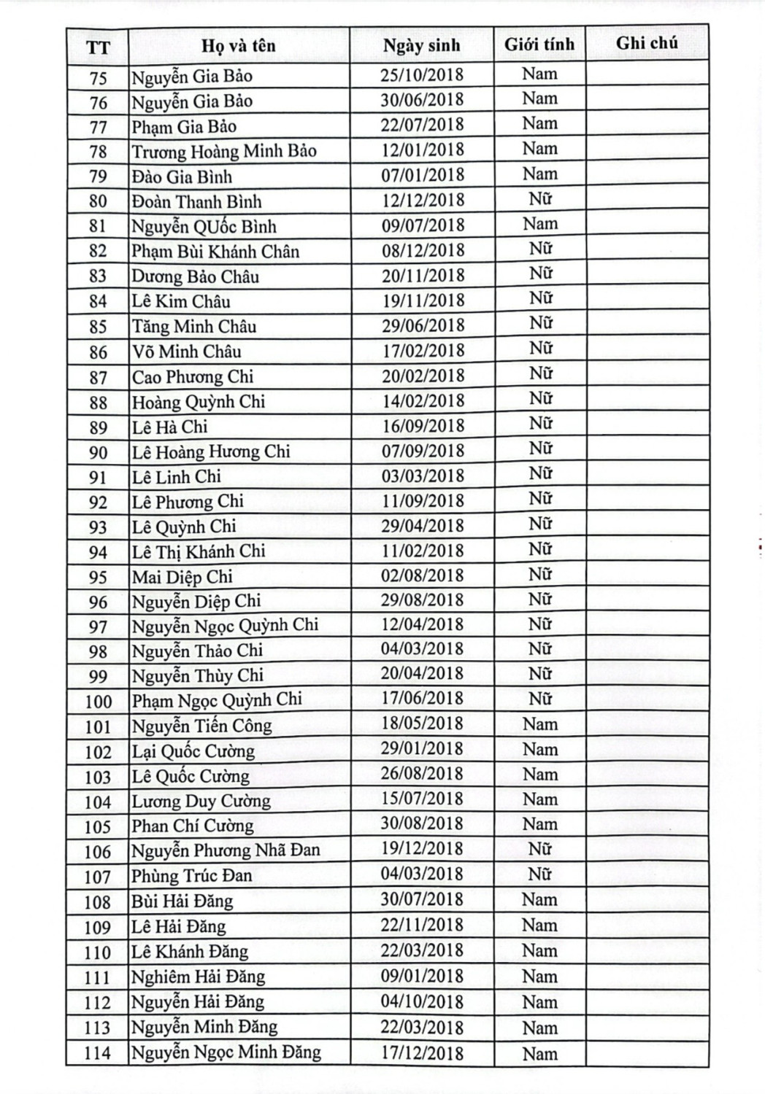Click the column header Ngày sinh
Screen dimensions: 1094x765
click(421, 45)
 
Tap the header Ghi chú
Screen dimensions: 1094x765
click(647, 43)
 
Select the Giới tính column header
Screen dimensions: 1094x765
click(539, 44)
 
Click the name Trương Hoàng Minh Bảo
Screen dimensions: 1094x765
click(224, 152)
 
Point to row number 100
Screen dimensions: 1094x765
click(98, 702)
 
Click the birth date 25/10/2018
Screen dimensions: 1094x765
click(421, 75)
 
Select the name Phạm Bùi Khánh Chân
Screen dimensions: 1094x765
click(215, 252)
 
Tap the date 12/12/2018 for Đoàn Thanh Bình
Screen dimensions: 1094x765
click(423, 201)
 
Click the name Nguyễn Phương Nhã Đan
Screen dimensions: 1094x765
click(226, 850)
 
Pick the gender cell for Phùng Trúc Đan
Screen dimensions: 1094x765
click(539, 874)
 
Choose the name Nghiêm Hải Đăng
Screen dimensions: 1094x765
click(198, 977)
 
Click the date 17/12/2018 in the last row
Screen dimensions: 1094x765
click(422, 1052)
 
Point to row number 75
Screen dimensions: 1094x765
click(98, 78)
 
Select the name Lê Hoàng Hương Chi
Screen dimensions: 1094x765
click(211, 452)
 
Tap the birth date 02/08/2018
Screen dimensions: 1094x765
click(422, 575)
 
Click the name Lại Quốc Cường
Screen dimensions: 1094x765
click(193, 751)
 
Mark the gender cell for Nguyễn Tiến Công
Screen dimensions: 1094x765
click(539, 724)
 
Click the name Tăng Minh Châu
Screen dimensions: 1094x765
click(194, 326)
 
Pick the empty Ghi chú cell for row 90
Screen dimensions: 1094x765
click(647, 451)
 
